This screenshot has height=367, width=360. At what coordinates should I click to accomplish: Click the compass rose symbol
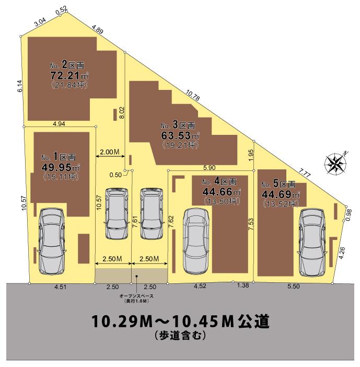pos(335,163)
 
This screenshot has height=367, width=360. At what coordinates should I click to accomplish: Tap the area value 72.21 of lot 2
pos(65,76)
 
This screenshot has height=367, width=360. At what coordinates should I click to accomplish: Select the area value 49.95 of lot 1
pos(56,167)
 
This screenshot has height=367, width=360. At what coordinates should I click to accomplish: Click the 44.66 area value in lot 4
pos(217,192)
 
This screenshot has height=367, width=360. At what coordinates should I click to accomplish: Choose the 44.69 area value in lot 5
pos(277,194)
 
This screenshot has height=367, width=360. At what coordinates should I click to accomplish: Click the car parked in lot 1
pos(51,242)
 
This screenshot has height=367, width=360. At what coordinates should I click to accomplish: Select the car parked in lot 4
pos(195,242)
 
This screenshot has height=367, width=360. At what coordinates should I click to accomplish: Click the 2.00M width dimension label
pos(110,152)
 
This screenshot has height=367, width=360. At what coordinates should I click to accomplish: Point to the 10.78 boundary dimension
pos(193,95)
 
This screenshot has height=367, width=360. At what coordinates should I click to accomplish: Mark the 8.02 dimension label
pos(122,112)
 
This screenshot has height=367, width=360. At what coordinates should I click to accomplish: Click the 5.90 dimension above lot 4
pos(210,168)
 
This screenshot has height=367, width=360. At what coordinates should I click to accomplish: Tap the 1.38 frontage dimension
pos(243,285)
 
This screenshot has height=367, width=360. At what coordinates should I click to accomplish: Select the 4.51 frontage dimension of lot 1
pos(61,286)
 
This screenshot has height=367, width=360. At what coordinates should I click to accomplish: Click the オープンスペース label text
pos(136,296)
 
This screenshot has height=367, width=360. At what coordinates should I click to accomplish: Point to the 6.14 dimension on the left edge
pos(20,86)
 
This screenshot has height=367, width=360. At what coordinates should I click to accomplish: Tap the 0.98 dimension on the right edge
pos(349,215)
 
